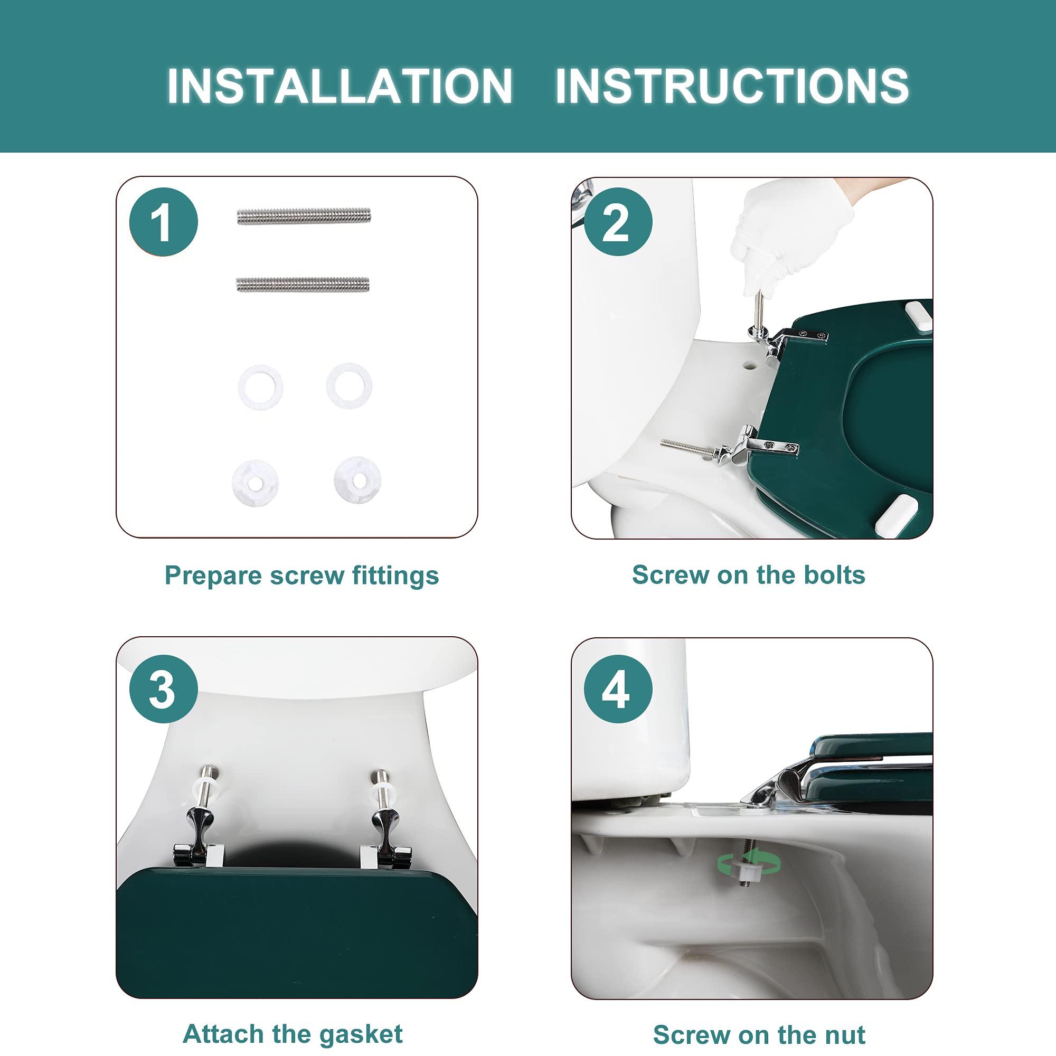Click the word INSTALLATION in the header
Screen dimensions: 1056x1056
pos(340,86)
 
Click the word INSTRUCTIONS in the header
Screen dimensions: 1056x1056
pos(732,86)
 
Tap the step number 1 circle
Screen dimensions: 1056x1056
pos(164,222)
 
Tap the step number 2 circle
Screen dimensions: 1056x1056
pos(618,222)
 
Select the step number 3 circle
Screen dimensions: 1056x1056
pos(164,689)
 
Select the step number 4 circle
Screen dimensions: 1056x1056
pos(618,689)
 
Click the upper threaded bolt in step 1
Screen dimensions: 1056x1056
pos(304,216)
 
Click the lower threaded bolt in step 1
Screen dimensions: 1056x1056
pos(303,284)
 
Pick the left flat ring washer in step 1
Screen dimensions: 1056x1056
pos(261,388)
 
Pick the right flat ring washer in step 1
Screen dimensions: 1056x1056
pos(349,386)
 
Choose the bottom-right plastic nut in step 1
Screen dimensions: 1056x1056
pos(357,479)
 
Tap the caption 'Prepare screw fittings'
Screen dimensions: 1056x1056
pos(301,576)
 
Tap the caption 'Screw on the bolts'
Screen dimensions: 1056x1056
pos(749,575)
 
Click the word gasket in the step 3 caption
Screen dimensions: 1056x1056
pos(361,1035)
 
